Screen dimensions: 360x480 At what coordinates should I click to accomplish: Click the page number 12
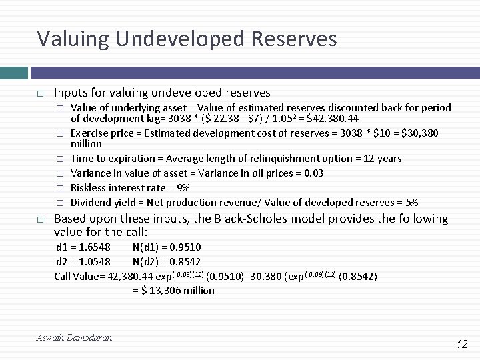tap(462, 344)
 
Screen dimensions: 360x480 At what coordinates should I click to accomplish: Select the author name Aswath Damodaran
tap(74, 338)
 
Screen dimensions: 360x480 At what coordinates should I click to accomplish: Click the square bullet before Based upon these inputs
tap(41, 219)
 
